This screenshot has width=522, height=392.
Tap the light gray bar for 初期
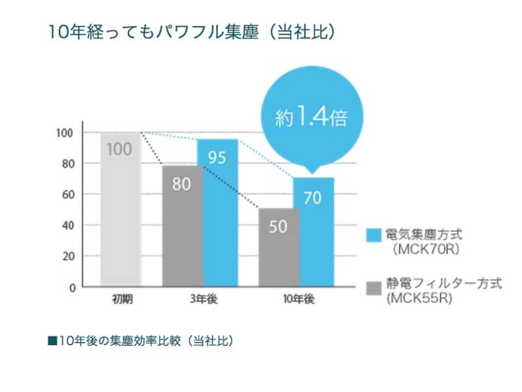click(120, 208)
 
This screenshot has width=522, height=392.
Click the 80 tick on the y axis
click(68, 163)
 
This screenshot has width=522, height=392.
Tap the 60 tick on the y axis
click(68, 194)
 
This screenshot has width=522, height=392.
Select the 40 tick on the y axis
click(68, 225)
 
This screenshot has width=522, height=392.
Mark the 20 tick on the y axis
click(68, 256)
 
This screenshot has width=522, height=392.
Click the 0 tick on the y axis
click(71, 287)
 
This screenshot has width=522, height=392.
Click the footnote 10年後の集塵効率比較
click(140, 340)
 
